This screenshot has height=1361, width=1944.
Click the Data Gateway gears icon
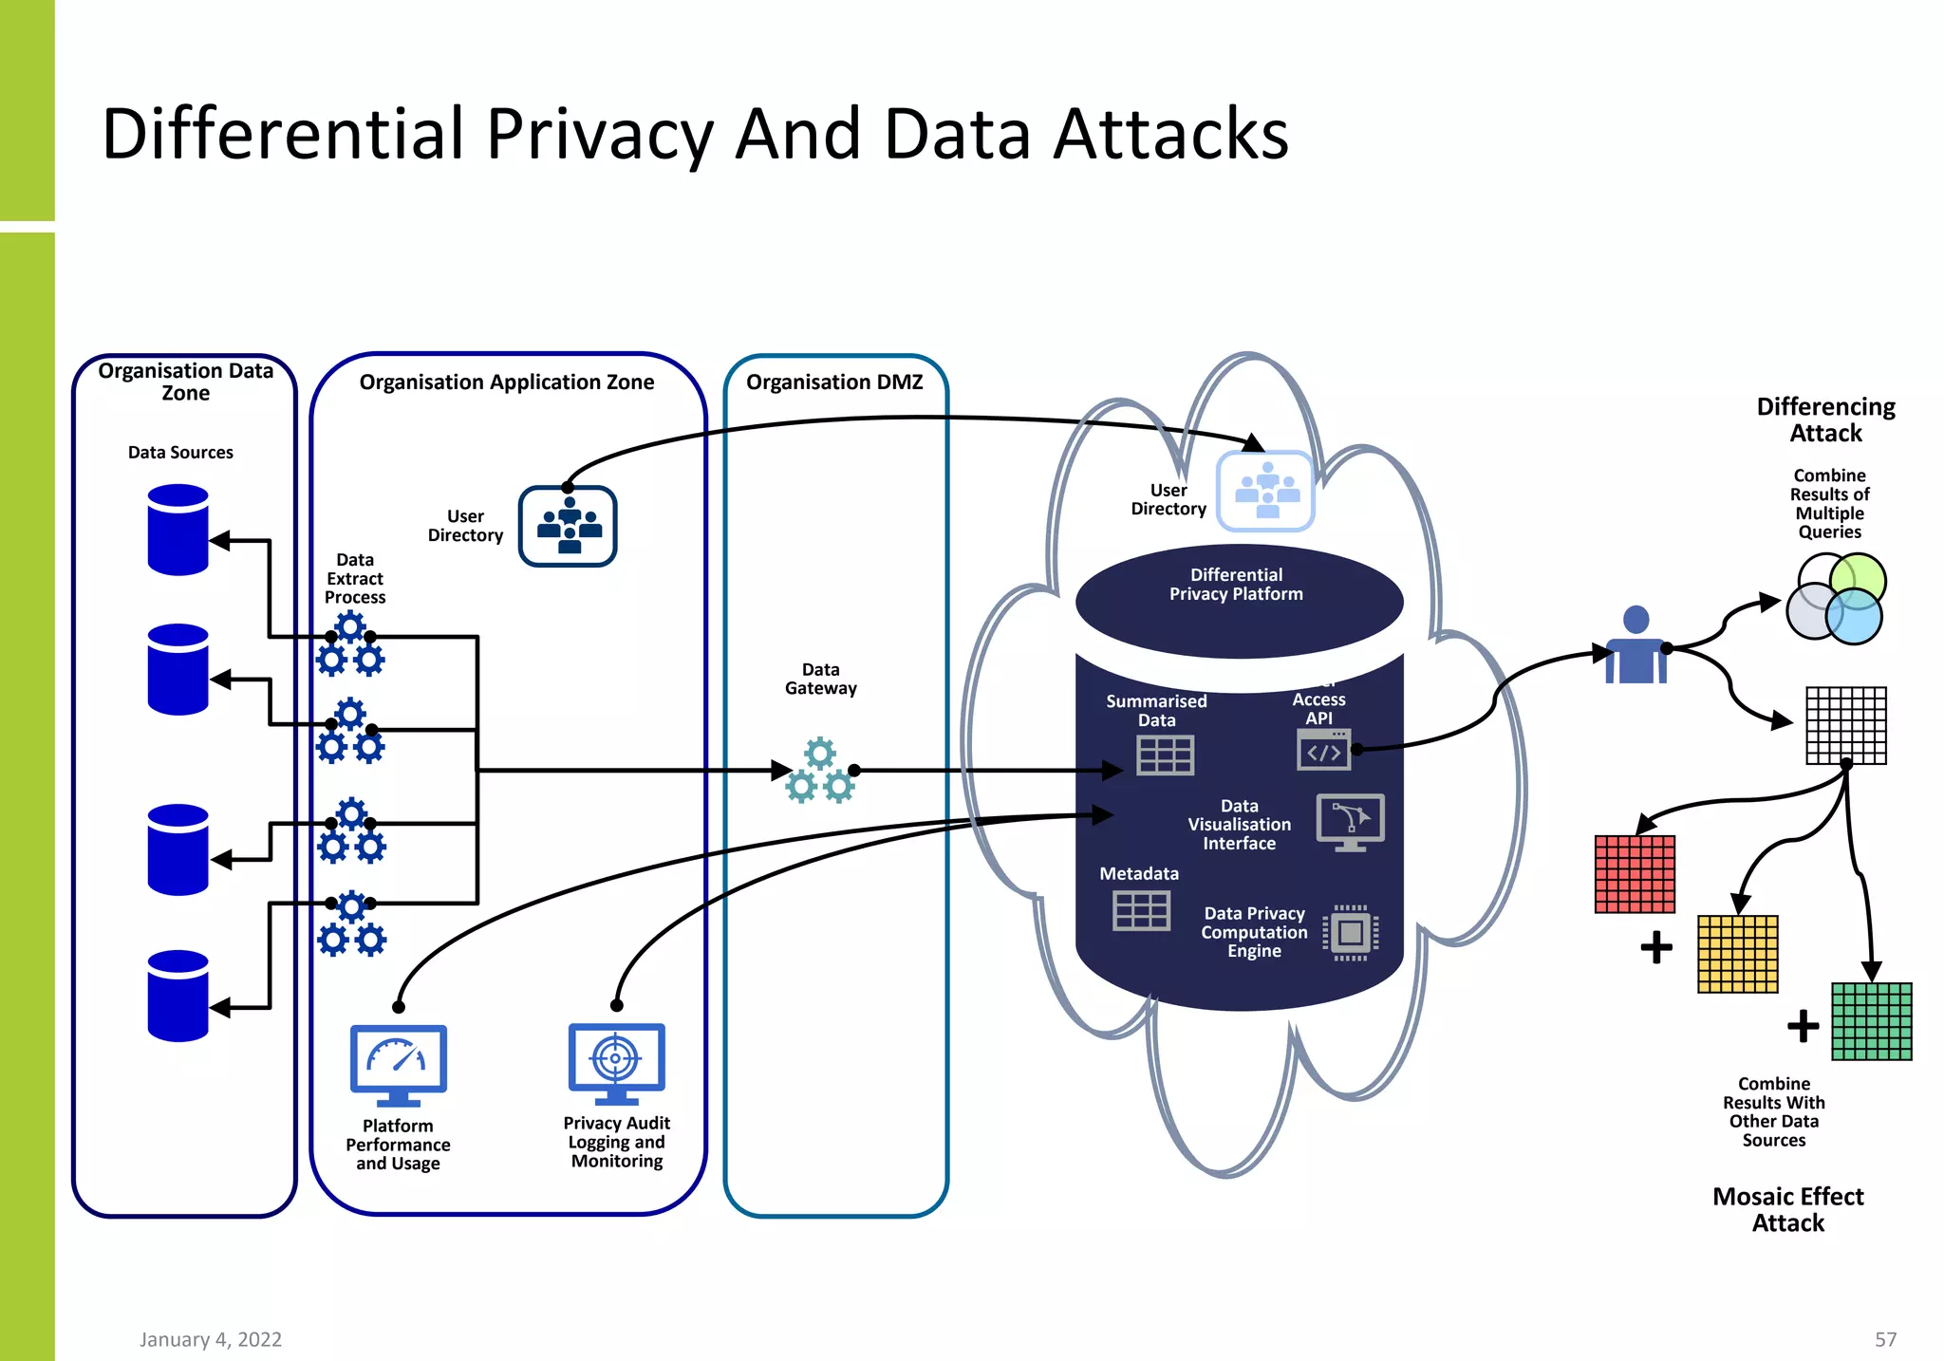(x=820, y=771)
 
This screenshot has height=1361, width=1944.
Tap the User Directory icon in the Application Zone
(x=568, y=527)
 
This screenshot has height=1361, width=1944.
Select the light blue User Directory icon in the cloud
(x=1266, y=491)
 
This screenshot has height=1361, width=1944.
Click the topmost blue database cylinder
(x=178, y=530)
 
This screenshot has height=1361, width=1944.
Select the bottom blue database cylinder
(x=178, y=996)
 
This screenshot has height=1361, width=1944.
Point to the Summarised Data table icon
(x=1165, y=755)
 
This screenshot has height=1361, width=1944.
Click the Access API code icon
(x=1324, y=750)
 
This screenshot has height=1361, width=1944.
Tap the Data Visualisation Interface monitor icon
(x=1350, y=822)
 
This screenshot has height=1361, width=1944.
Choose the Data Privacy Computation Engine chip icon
(x=1351, y=933)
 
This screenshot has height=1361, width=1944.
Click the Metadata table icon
(x=1141, y=910)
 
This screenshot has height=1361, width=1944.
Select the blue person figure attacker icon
(x=1636, y=646)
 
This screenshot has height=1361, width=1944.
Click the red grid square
(x=1635, y=874)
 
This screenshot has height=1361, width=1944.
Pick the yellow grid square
(x=1737, y=954)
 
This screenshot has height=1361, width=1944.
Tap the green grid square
(x=1871, y=1021)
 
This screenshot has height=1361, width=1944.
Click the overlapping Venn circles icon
(x=1836, y=599)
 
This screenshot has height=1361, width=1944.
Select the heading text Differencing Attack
(x=1825, y=419)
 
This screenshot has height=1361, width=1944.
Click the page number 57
(x=1885, y=1339)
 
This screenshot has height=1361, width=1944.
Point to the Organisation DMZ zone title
(x=834, y=382)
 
